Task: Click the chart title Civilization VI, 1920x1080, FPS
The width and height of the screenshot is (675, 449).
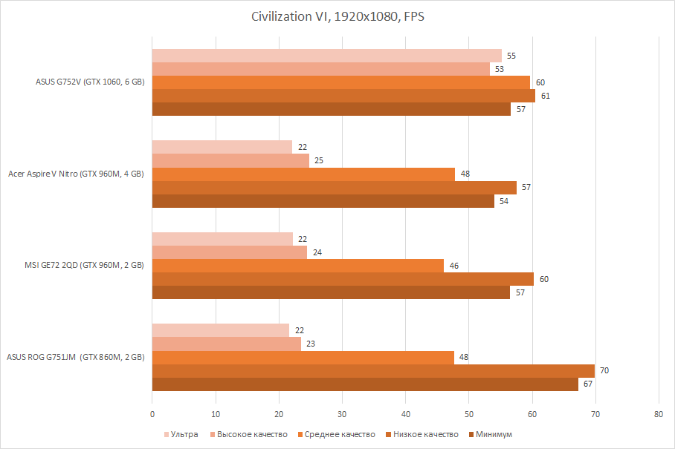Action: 337,16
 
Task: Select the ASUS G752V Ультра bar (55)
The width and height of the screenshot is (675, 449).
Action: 327,56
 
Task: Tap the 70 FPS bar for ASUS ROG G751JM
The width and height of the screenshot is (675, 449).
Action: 373,370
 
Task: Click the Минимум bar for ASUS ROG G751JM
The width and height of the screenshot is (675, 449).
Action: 365,384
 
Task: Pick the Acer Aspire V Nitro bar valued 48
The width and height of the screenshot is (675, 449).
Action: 303,174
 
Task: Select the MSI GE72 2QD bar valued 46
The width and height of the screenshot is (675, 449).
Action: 297,266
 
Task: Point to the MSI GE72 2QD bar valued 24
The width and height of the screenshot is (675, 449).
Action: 229,252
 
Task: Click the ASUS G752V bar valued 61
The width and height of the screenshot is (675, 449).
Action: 343,96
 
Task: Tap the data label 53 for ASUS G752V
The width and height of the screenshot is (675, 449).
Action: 499,69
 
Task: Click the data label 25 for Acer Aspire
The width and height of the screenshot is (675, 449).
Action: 318,160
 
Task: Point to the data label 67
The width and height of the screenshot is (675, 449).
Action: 587,384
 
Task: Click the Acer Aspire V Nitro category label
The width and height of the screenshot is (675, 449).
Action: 76,174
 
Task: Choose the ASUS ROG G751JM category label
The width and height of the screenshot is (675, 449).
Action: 76,357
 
